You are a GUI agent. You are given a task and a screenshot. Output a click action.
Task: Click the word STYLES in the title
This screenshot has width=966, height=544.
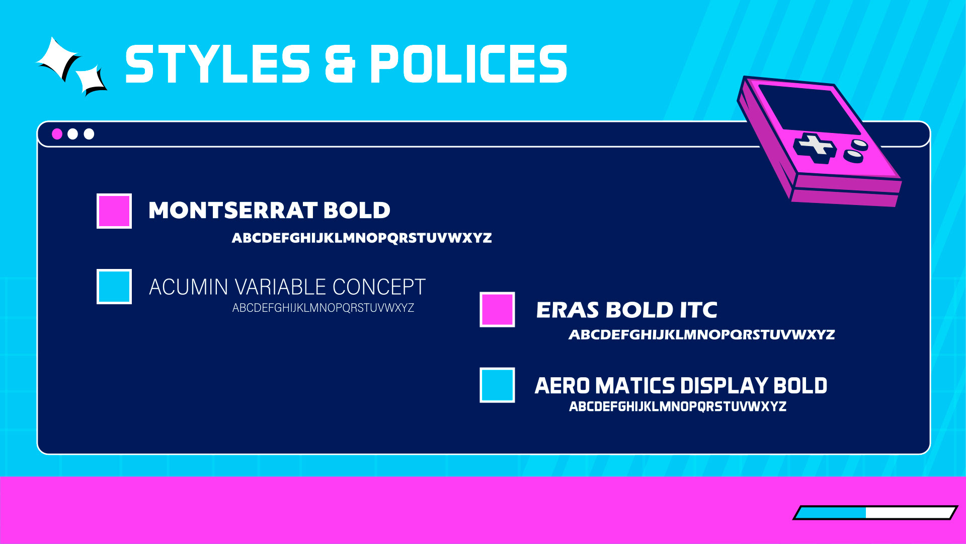pos(217,63)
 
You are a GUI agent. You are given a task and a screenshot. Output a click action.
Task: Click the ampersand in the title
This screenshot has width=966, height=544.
pos(340,63)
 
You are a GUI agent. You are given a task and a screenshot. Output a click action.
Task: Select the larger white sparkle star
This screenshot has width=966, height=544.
pos(57,59)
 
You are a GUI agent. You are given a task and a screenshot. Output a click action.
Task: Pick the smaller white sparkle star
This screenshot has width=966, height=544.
pos(91,80)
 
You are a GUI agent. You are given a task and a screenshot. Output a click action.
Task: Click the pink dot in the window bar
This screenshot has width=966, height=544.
pos(57,134)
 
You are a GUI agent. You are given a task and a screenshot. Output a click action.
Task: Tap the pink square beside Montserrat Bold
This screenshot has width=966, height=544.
pos(114,211)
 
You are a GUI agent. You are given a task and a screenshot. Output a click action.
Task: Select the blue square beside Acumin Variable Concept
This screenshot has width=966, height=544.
pos(114,287)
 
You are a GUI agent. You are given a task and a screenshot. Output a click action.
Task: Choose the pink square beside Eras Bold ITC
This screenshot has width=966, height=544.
pos(497,309)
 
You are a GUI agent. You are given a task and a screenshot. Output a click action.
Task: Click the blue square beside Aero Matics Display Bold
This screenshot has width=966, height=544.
pos(497,385)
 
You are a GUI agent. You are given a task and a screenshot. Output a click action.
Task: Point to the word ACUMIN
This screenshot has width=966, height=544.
pos(189,287)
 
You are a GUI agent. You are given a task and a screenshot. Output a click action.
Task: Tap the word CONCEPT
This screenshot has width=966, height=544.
pos(379,287)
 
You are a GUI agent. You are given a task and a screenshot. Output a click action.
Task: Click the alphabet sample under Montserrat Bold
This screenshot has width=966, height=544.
pos(362,238)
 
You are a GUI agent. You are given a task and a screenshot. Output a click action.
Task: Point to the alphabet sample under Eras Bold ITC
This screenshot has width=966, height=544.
pos(702,334)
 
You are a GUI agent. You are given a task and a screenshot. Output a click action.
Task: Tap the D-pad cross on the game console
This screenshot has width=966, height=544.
pos(815,148)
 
